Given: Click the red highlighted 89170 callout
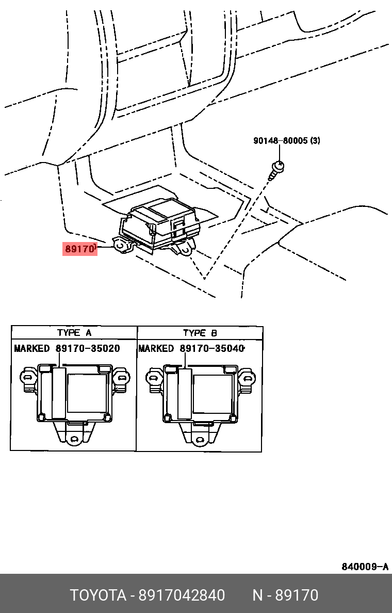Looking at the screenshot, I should click(x=80, y=249).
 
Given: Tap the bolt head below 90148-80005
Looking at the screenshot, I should click(x=279, y=166).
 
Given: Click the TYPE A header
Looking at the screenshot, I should click(x=74, y=332).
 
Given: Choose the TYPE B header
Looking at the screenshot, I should click(x=200, y=333).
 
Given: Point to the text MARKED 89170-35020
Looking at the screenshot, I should click(x=67, y=348).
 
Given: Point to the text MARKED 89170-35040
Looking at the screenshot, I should click(x=191, y=348).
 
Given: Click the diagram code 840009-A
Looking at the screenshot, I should click(x=365, y=567).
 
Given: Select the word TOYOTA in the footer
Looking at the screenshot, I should click(x=98, y=595).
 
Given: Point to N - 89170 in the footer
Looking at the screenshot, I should click(x=285, y=595).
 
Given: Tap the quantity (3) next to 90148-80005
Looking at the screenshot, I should click(x=315, y=140).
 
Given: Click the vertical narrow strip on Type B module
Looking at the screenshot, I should click(x=184, y=393).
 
